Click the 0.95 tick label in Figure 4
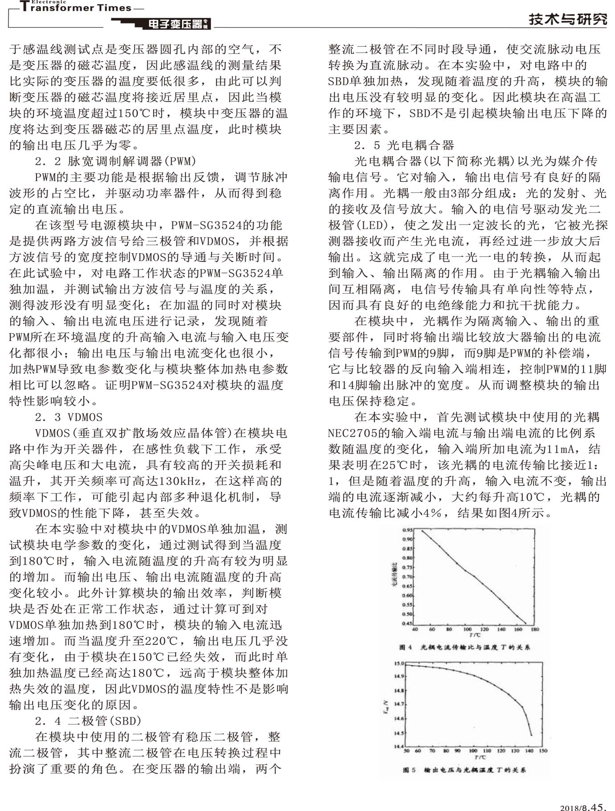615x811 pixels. click(x=407, y=530)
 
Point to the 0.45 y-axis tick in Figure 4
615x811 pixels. click(x=407, y=623)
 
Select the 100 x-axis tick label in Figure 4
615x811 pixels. click(x=467, y=630)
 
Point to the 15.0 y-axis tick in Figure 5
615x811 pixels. click(x=399, y=664)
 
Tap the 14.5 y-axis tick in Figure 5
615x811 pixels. click(x=399, y=733)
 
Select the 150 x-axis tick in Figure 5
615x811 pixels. click(x=543, y=751)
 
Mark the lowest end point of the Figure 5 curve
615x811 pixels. click(x=531, y=735)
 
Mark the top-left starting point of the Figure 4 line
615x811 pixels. click(x=422, y=531)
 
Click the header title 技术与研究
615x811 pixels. click(x=568, y=20)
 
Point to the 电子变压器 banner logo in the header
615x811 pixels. click(x=176, y=24)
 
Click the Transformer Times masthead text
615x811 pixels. click(x=76, y=8)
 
